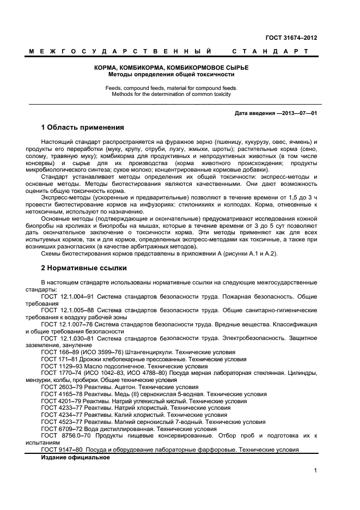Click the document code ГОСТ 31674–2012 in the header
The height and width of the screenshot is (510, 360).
(291, 38)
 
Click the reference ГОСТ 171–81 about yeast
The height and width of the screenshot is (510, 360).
(59, 359)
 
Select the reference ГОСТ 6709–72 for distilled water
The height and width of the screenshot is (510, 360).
(62, 429)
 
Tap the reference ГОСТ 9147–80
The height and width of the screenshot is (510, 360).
(62, 450)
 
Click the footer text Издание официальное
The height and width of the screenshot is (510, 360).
(75, 457)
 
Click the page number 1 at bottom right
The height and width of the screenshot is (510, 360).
(315, 470)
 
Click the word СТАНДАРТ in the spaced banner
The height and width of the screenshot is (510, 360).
(270, 51)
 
